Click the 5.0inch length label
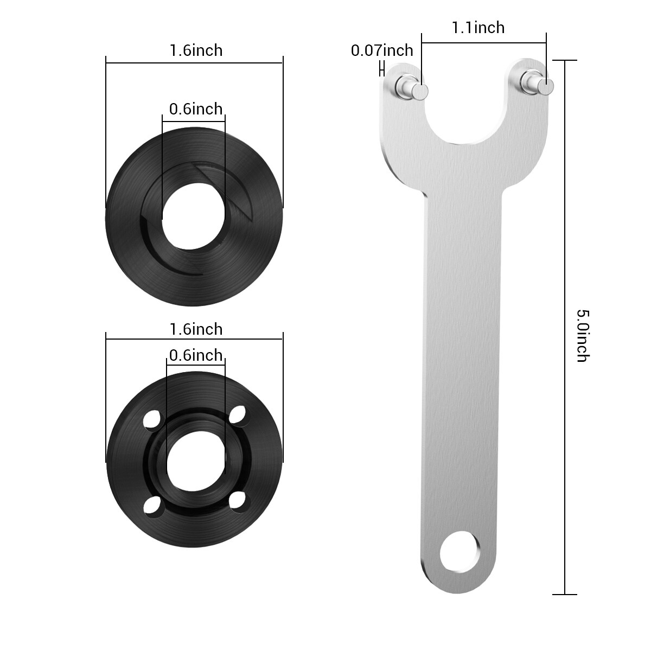click(582, 336)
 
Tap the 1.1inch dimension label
click(478, 27)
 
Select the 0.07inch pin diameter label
click(382, 50)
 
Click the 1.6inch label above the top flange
click(196, 50)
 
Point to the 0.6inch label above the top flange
click(196, 109)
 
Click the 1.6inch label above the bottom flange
click(196, 329)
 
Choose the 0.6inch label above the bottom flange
click(196, 355)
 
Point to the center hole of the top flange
click(194, 219)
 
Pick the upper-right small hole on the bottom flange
click(237, 415)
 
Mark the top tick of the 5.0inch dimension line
click(565, 60)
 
